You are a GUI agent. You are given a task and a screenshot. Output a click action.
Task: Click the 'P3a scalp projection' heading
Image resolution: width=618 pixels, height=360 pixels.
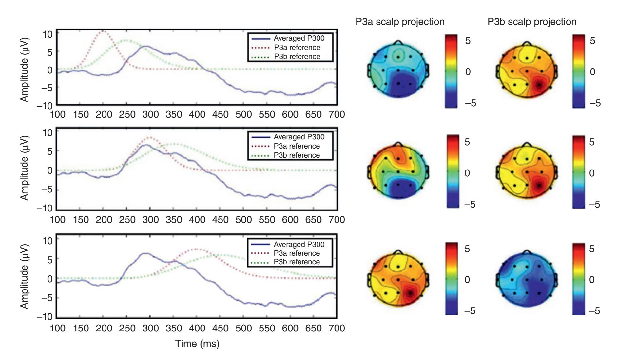point(400,22)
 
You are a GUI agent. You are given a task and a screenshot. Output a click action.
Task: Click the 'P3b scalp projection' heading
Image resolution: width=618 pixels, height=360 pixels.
point(532,22)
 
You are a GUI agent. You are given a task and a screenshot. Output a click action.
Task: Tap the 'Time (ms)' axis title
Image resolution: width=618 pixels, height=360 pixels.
point(197,343)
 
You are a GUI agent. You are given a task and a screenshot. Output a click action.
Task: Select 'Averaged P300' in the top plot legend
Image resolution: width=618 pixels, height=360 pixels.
point(299,38)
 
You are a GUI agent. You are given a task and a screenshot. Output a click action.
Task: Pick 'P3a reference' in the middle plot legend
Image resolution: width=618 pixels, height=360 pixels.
point(297,146)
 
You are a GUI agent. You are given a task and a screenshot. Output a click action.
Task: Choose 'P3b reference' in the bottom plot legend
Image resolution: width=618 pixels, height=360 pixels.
point(297,262)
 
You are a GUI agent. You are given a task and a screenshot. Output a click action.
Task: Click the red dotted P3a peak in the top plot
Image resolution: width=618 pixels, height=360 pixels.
point(103,31)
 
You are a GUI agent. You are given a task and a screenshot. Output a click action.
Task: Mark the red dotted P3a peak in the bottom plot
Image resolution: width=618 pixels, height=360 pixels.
point(197,249)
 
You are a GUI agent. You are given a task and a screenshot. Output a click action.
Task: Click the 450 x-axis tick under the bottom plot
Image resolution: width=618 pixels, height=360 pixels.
point(220,328)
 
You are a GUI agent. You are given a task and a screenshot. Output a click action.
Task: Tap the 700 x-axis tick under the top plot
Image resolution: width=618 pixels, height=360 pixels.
point(337,114)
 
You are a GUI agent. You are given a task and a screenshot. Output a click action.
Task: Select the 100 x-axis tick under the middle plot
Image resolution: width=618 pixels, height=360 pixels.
point(58,219)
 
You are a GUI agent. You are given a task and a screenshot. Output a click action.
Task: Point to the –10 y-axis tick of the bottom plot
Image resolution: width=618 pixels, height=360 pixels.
point(45,317)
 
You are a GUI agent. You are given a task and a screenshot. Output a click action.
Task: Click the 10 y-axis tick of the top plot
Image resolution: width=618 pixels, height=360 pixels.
point(47,34)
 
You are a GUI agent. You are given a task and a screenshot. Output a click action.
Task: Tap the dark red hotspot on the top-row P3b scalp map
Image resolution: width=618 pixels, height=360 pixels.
point(539,85)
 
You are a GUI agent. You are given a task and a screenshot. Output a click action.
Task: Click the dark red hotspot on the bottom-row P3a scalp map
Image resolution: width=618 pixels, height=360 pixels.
point(410,292)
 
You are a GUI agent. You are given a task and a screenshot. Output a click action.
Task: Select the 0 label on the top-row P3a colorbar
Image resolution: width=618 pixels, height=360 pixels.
point(468,72)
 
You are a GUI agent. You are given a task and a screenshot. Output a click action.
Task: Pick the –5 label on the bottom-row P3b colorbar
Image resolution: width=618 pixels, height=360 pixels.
point(594,310)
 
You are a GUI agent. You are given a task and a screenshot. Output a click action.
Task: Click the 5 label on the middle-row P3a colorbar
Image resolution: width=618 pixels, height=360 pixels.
point(467,142)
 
